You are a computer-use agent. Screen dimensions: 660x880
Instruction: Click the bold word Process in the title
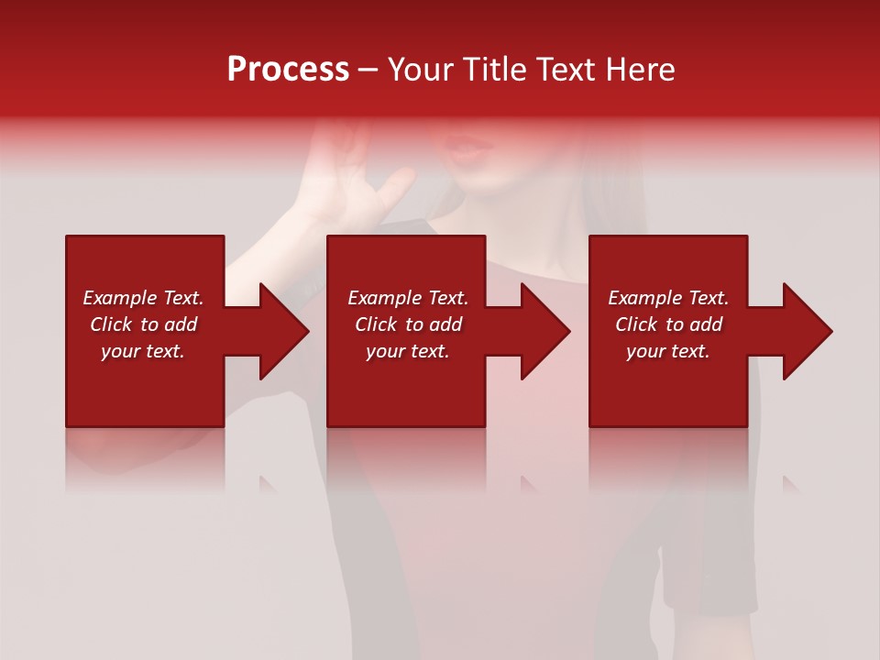click(288, 70)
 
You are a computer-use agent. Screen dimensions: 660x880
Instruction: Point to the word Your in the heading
click(423, 70)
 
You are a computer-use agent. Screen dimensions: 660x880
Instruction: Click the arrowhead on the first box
click(285, 331)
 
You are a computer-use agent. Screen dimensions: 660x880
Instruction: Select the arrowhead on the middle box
click(546, 331)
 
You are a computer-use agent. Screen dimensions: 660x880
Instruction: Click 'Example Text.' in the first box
click(143, 298)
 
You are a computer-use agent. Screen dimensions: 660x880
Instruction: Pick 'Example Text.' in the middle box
click(408, 298)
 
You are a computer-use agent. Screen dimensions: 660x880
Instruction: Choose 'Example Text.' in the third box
click(668, 298)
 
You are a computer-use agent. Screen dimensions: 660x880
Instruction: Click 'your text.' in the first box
click(143, 351)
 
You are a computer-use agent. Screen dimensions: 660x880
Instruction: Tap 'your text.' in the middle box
click(408, 351)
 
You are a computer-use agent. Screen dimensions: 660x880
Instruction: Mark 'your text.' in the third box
click(668, 351)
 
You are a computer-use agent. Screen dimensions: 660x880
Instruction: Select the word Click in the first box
click(112, 324)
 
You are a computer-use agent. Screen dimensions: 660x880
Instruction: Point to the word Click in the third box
click(637, 324)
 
